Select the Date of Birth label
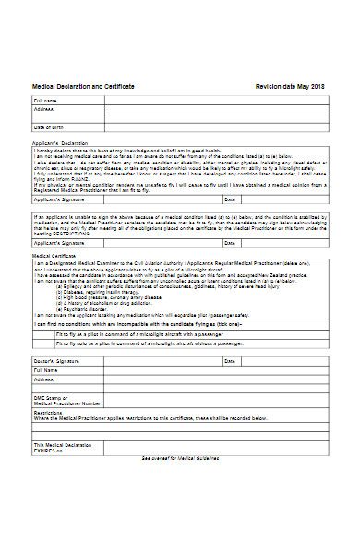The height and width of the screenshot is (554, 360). [x=49, y=127]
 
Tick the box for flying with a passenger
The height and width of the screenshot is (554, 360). [x=45, y=334]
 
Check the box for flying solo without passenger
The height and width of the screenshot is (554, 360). [x=45, y=344]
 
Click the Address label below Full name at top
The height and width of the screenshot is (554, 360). [x=45, y=106]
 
